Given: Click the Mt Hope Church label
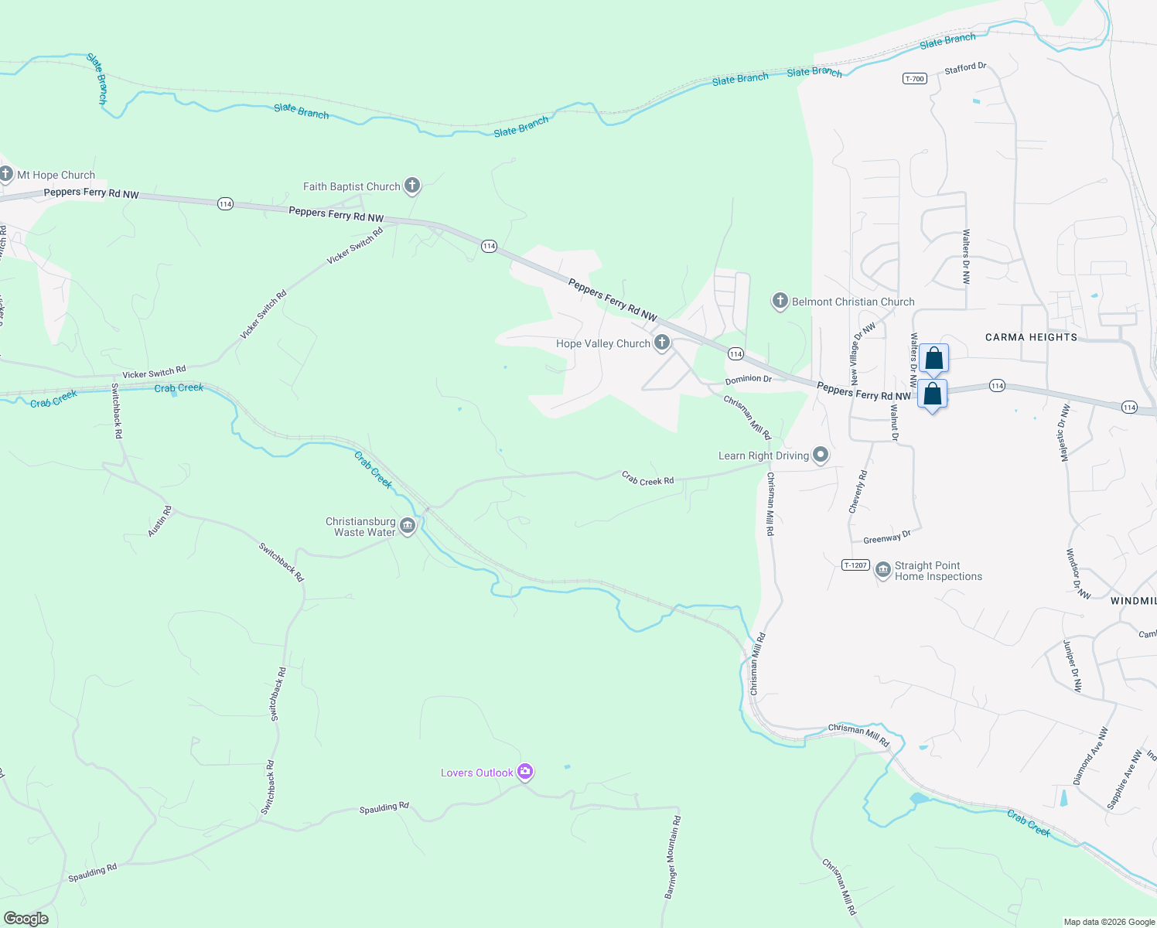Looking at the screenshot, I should [56, 176].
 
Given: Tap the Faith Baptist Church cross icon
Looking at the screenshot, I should [412, 185].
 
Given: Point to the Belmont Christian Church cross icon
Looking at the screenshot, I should [780, 301].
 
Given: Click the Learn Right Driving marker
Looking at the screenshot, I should [821, 455].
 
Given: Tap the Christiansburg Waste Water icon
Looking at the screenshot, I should [408, 527].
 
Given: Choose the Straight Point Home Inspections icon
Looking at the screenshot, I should [882, 571].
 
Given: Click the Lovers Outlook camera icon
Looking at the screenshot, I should [525, 771].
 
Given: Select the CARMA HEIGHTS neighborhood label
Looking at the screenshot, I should [1031, 337].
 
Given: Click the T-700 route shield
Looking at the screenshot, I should [915, 79].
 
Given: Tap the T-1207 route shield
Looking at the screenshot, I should [855, 565].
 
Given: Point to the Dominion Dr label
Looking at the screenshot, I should [748, 380].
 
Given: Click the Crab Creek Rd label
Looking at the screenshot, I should [647, 479].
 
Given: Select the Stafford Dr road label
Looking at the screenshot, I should [965, 69].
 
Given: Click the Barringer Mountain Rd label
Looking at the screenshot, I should [672, 857].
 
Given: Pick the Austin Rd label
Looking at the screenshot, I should [160, 522].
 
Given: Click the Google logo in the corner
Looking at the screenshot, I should [26, 919].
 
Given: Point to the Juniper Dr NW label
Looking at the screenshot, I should [1072, 666].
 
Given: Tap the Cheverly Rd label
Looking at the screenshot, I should [858, 492].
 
